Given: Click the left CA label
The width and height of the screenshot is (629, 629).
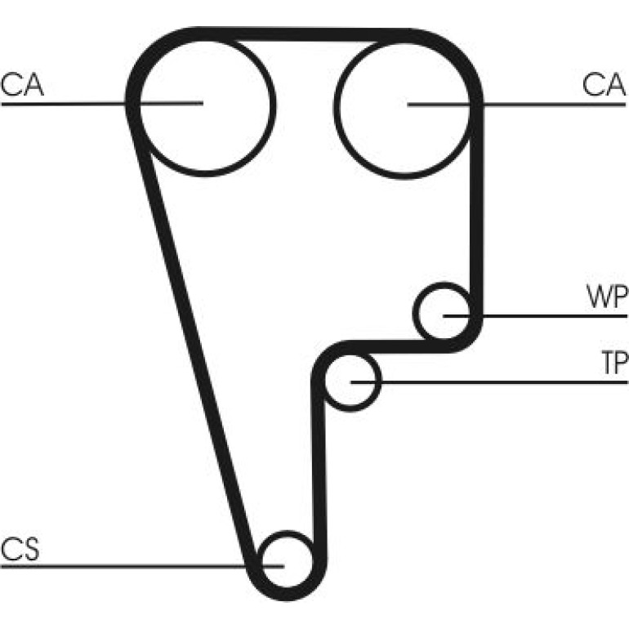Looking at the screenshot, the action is coord(22,85).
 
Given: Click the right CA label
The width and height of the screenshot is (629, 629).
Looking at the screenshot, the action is coord(604,85).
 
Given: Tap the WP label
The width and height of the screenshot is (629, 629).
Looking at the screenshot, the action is coord(606,297).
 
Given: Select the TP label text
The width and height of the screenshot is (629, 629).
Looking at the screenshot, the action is coord(614,363).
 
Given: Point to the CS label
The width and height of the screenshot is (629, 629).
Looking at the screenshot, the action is coord(20,549).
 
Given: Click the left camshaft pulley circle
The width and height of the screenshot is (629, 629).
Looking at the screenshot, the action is coord(275,106).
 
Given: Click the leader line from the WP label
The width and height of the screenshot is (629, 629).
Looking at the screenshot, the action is coord(535,316).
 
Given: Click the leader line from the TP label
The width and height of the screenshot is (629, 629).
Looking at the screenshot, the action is coord(489,382).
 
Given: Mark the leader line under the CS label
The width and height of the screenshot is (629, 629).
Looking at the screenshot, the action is coord(142,566).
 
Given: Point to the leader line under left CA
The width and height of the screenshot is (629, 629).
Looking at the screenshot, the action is coord(102,104).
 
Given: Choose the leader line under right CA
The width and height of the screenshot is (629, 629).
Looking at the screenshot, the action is coord(516,105).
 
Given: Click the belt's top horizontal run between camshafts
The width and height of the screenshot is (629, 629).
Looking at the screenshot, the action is coord(305,34).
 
